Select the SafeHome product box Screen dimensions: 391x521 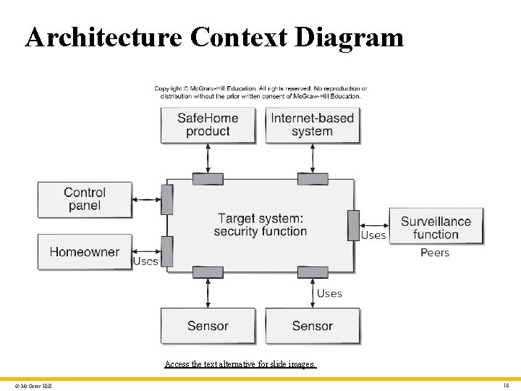click(x=208, y=125)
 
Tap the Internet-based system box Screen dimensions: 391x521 click(x=313, y=125)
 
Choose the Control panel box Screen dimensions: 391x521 click(x=85, y=199)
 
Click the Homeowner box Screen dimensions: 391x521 click(x=85, y=252)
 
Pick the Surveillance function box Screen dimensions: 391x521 click(x=436, y=227)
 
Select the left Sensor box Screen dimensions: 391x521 click(x=208, y=326)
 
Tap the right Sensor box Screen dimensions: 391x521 click(x=313, y=326)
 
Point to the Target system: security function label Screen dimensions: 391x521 click(x=260, y=224)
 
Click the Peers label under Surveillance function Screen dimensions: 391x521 click(x=435, y=253)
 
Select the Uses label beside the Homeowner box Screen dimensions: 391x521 click(x=145, y=261)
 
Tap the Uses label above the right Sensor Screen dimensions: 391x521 click(x=329, y=293)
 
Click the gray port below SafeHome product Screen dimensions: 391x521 click(x=208, y=178)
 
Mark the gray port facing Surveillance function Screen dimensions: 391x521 click(x=353, y=224)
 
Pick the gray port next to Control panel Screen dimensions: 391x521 click(x=167, y=199)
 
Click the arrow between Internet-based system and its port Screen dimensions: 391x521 click(x=313, y=158)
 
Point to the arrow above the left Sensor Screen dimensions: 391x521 click(x=208, y=293)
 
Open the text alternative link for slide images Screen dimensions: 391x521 click(x=240, y=364)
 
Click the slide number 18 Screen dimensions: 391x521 click(x=506, y=386)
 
